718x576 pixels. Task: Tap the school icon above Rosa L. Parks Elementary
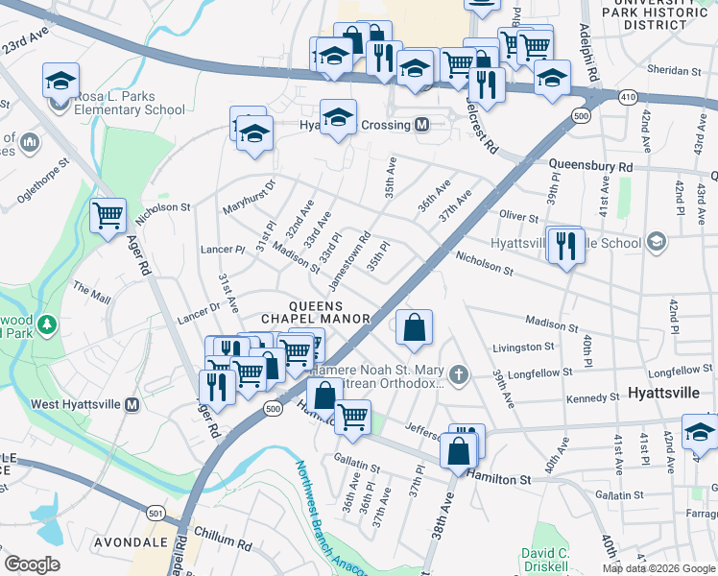(60, 81)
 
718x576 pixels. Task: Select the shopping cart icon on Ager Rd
(108, 215)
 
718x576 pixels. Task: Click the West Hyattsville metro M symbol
(132, 404)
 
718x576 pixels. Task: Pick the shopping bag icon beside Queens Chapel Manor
(414, 327)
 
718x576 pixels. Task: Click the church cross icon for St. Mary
(460, 373)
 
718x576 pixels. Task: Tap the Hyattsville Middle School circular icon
(656, 243)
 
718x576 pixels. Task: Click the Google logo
(33, 564)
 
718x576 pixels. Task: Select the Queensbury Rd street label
(590, 166)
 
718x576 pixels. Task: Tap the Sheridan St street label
(676, 70)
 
